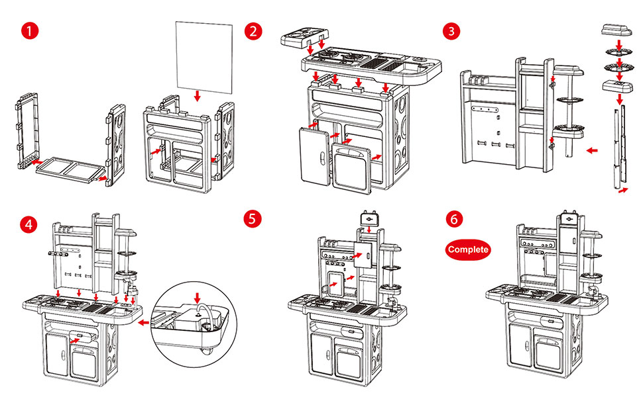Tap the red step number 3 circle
click(x=452, y=30)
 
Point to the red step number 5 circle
click(x=252, y=219)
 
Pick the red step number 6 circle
click(x=452, y=219)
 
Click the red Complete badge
click(x=468, y=249)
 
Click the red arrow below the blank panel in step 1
click(x=197, y=97)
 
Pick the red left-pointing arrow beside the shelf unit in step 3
click(x=592, y=151)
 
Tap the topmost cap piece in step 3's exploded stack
click(x=618, y=30)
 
